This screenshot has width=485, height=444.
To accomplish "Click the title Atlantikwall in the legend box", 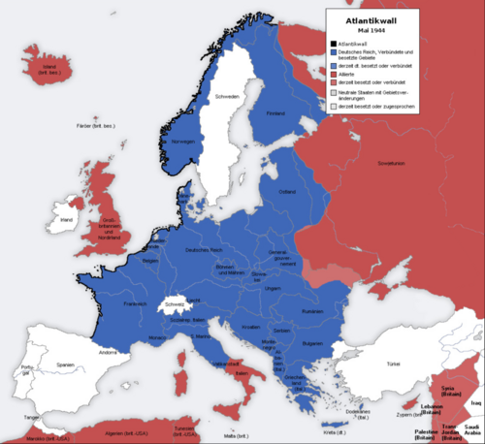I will coord(372,18).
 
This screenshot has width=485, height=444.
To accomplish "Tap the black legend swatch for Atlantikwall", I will coord(332,43).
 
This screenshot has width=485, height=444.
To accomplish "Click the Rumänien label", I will coord(311,311).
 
